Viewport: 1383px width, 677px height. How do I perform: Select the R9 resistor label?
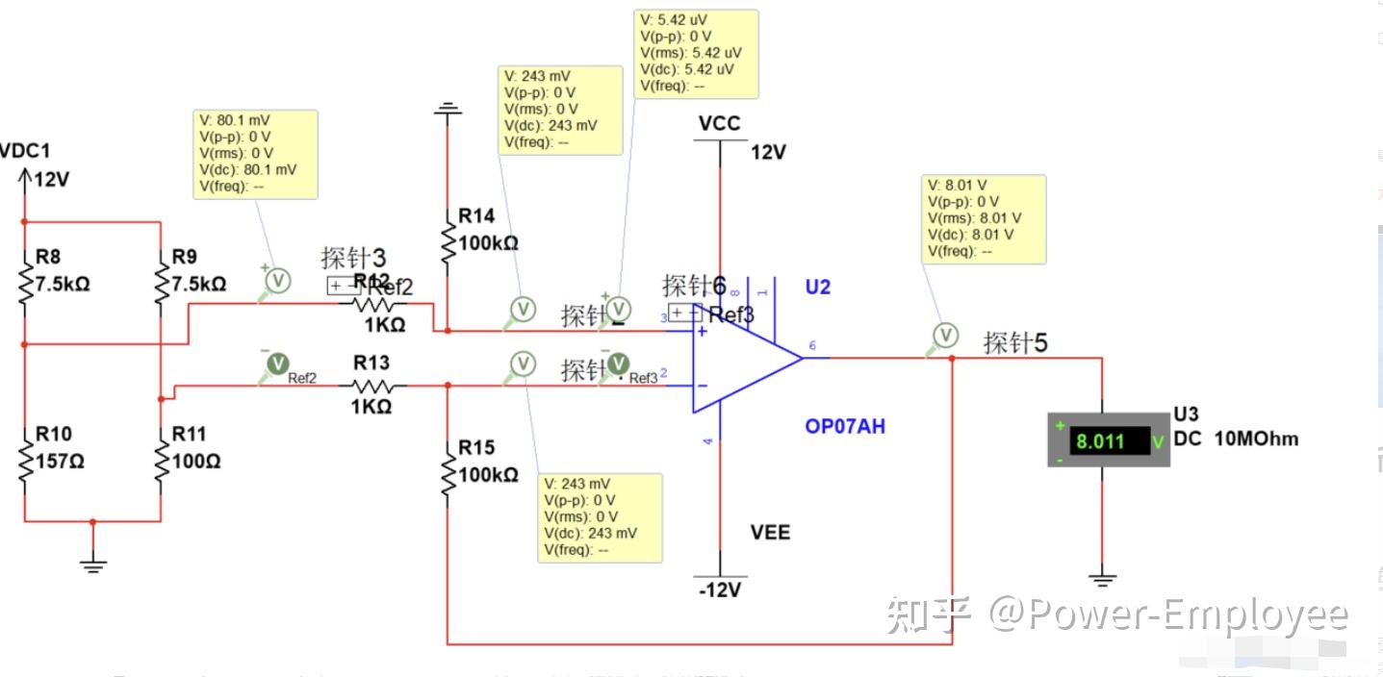(x=184, y=257)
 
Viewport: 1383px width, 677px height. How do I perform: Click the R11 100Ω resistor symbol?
(x=160, y=461)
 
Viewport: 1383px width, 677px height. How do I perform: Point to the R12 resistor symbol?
(x=372, y=304)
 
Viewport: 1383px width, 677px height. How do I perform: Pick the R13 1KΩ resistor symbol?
(x=372, y=386)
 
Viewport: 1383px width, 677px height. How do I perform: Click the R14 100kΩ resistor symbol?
(x=448, y=242)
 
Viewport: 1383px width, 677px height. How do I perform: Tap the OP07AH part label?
(x=845, y=426)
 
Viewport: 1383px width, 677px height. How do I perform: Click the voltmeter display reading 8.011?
(x=1110, y=441)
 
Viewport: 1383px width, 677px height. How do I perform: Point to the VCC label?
(x=720, y=124)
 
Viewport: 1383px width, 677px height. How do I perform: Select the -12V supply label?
(x=720, y=589)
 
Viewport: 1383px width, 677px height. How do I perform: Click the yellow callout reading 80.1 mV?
(x=255, y=154)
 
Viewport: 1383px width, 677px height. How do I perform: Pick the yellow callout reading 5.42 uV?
(x=696, y=54)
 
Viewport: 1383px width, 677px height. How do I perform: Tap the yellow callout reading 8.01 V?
(x=984, y=218)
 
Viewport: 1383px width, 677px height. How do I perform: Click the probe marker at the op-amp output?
(x=947, y=336)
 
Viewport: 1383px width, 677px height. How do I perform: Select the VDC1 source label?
(x=25, y=151)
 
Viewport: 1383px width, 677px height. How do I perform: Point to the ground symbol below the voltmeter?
(x=1103, y=579)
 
